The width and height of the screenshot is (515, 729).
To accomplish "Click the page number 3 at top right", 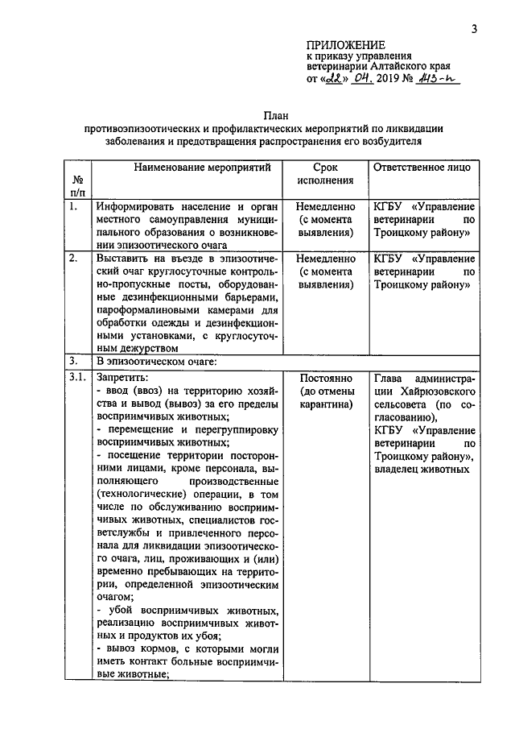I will (x=475, y=30).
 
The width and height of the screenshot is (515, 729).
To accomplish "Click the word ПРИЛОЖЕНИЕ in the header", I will (x=345, y=45).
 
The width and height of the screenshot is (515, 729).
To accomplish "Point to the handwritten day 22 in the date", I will (x=332, y=81).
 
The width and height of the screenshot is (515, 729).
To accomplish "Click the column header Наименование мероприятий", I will (x=192, y=167).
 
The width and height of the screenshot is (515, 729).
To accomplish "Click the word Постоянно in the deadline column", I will (x=325, y=377).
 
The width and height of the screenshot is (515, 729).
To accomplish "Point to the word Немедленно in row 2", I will (x=325, y=259).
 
